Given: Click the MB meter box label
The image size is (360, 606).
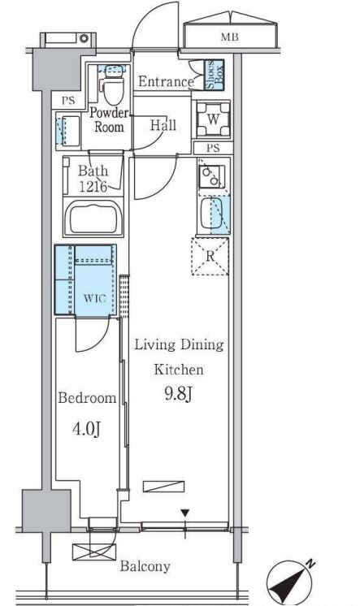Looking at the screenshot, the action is (x=230, y=37).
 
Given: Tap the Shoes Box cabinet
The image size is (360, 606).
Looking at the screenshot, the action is (x=214, y=75).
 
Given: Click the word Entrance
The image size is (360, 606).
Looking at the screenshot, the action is (x=166, y=81).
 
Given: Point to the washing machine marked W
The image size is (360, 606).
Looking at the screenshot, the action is (x=213, y=119).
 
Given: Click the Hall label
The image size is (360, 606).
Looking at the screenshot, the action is (x=163, y=125).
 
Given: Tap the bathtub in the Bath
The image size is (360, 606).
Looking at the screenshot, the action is (x=93, y=218).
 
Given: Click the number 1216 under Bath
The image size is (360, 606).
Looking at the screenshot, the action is (x=93, y=187).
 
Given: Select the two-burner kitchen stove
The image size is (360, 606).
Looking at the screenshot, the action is (x=211, y=176).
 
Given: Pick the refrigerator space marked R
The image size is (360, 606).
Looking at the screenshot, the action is (x=210, y=256).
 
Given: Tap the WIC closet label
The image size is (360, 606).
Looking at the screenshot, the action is (x=95, y=298).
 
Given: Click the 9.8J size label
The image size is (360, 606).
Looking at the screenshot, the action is (x=179, y=394).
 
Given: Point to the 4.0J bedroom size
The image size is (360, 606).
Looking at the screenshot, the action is (x=87, y=429).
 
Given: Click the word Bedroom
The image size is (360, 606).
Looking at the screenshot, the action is (x=87, y=398).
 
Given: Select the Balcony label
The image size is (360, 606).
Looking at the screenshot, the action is (x=145, y=566).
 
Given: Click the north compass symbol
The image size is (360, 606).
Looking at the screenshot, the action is (x=289, y=581).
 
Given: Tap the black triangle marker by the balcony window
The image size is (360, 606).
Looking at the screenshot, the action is (x=185, y=513).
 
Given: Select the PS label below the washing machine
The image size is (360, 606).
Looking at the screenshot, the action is (x=213, y=148).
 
